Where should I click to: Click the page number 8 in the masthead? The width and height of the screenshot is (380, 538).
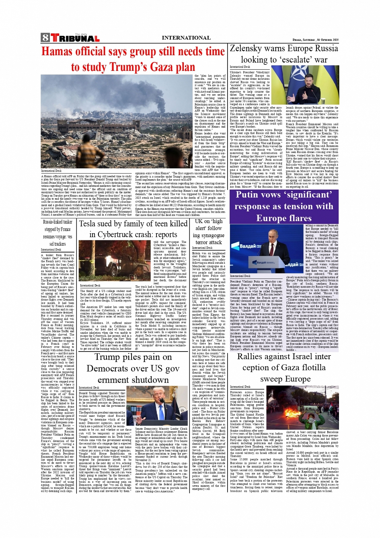coord(45,38)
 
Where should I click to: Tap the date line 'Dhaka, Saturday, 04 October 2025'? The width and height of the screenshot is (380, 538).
coord(315,40)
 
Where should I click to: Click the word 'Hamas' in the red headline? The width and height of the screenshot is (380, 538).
coord(62,52)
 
